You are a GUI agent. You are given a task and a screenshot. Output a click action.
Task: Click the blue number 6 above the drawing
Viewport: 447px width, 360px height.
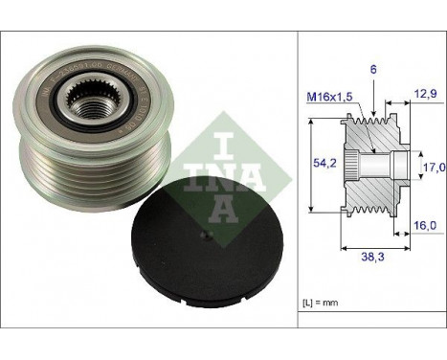(x=373, y=69)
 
